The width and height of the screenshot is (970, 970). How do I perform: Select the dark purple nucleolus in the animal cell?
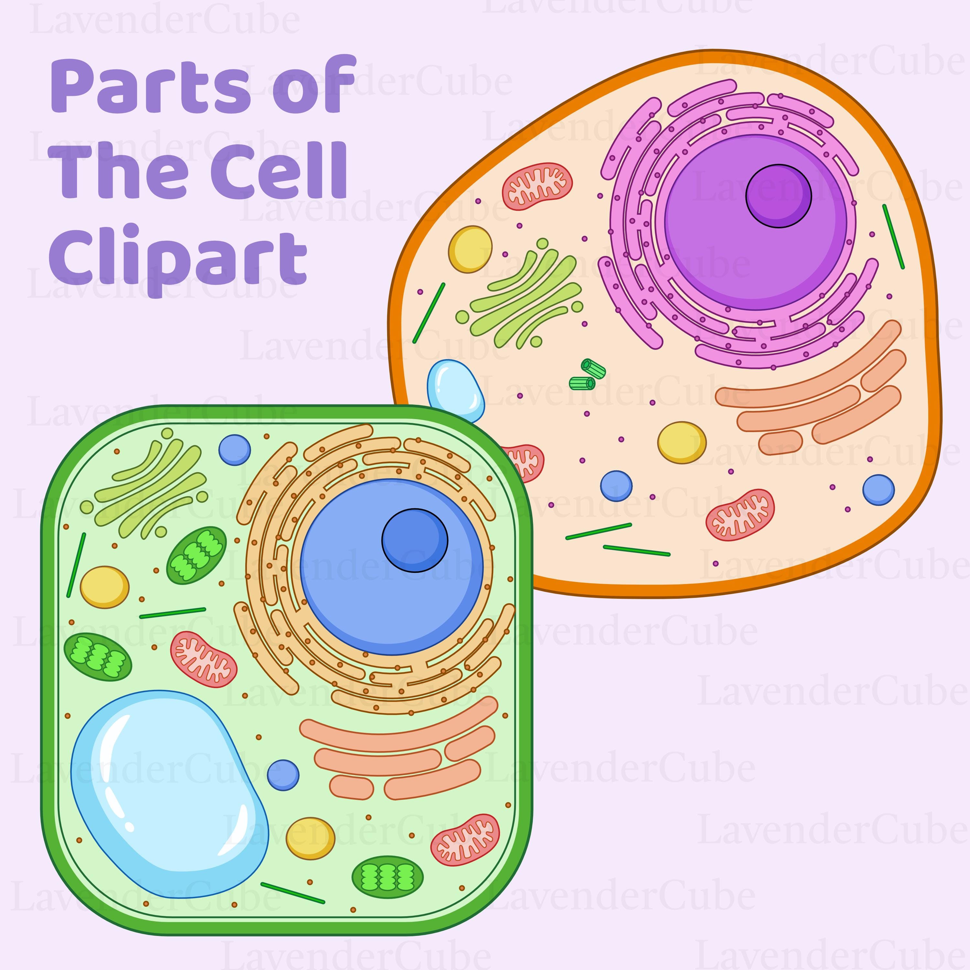(x=778, y=196)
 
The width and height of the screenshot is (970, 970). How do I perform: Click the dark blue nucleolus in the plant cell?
(x=415, y=540)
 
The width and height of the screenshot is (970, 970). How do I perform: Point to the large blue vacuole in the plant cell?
(x=168, y=793)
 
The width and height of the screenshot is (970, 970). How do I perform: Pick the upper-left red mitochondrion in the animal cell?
(x=537, y=186)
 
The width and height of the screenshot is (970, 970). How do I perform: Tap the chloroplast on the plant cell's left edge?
(x=98, y=657)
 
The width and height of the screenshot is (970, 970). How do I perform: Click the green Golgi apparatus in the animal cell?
(x=525, y=294)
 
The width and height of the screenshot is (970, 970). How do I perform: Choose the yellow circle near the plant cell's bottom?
(x=310, y=838)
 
